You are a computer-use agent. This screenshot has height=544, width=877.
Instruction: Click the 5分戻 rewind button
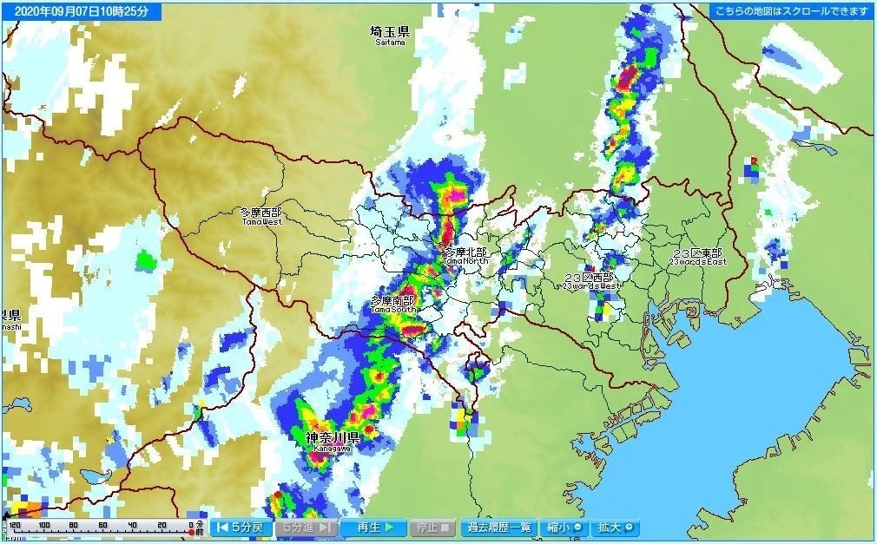[241, 527]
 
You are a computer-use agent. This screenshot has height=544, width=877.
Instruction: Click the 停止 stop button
[432, 527]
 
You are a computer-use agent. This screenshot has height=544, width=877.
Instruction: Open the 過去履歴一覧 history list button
[498, 527]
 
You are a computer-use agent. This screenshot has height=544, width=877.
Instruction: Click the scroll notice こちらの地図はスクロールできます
[790, 11]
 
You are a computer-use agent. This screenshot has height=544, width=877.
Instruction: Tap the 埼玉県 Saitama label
[390, 34]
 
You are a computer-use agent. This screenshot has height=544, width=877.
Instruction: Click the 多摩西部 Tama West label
[260, 215]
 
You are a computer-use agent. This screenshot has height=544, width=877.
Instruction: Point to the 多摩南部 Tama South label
[392, 304]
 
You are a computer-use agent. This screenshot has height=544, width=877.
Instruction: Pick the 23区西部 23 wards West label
[590, 280]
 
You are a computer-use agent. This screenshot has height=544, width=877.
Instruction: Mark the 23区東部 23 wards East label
[697, 257]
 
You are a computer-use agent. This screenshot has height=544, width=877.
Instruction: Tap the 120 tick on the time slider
[15, 525]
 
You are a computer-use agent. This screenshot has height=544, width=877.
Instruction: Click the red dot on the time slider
[192, 531]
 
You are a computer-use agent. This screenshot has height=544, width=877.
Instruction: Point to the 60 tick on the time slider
[103, 525]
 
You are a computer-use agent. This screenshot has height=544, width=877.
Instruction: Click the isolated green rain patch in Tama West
[145, 259]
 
